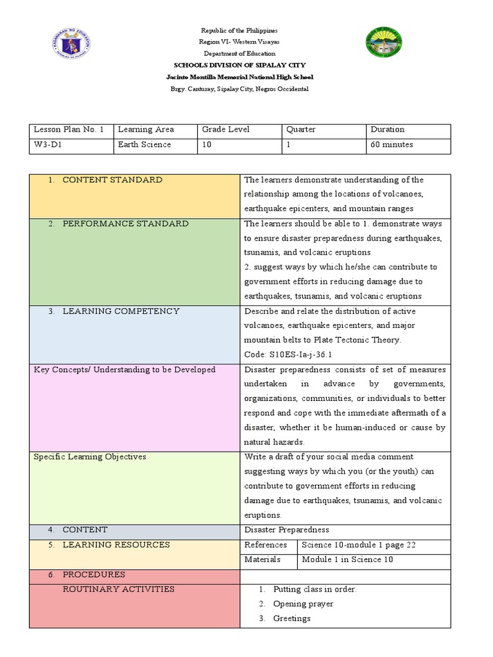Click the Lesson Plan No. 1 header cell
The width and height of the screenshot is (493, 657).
click(x=68, y=130)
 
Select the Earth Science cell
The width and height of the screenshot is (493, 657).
click(x=144, y=145)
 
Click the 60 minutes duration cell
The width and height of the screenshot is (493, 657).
click(x=392, y=145)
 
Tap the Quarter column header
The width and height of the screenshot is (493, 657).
click(x=301, y=130)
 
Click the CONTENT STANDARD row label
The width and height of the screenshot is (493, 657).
click(x=112, y=180)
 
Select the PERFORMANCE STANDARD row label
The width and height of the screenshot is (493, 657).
click(x=125, y=224)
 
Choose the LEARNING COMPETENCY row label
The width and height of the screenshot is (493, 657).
click(x=121, y=311)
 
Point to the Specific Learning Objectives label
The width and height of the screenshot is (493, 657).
click(x=90, y=457)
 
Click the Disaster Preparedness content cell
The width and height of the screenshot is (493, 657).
click(x=286, y=530)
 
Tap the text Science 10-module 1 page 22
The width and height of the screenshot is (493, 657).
click(x=358, y=545)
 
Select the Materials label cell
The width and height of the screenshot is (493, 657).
click(x=263, y=559)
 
